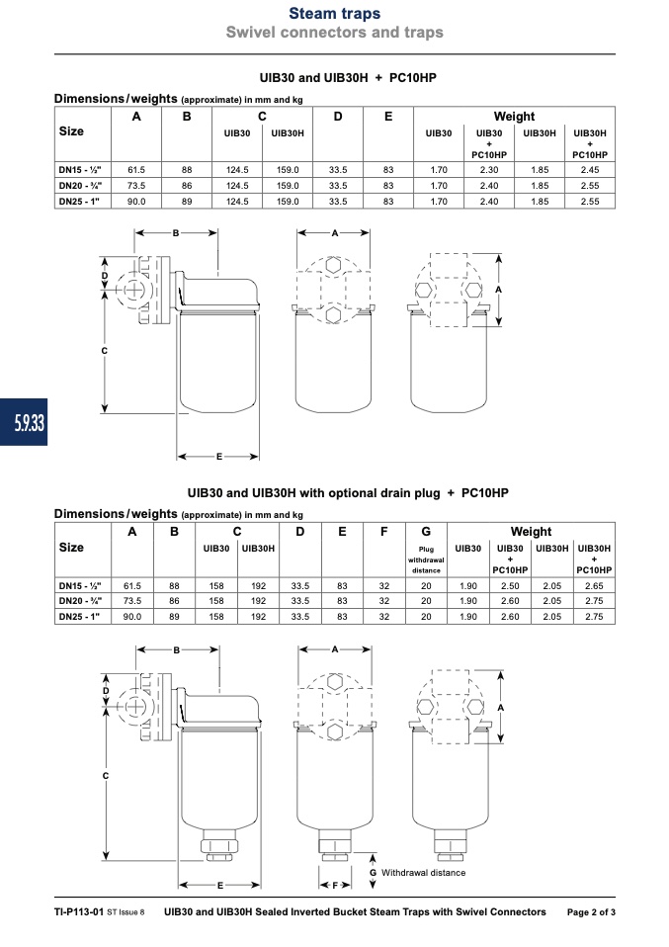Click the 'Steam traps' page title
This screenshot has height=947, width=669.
pyautogui.click(x=334, y=13)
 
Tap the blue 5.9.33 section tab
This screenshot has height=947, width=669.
pyautogui.click(x=24, y=422)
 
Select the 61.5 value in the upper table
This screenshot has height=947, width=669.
pyautogui.click(x=135, y=170)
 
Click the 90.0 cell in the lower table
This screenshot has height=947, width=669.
pyautogui.click(x=132, y=617)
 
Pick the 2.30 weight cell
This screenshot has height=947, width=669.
pyautogui.click(x=489, y=170)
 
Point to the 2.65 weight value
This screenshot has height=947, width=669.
pyautogui.click(x=594, y=586)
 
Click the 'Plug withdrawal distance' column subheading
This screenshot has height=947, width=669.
pyautogui.click(x=426, y=560)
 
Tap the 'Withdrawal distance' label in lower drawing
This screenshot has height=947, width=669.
pyautogui.click(x=423, y=873)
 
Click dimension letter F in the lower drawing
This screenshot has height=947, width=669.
pyautogui.click(x=335, y=886)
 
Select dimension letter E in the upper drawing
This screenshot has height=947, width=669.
pyautogui.click(x=219, y=457)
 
